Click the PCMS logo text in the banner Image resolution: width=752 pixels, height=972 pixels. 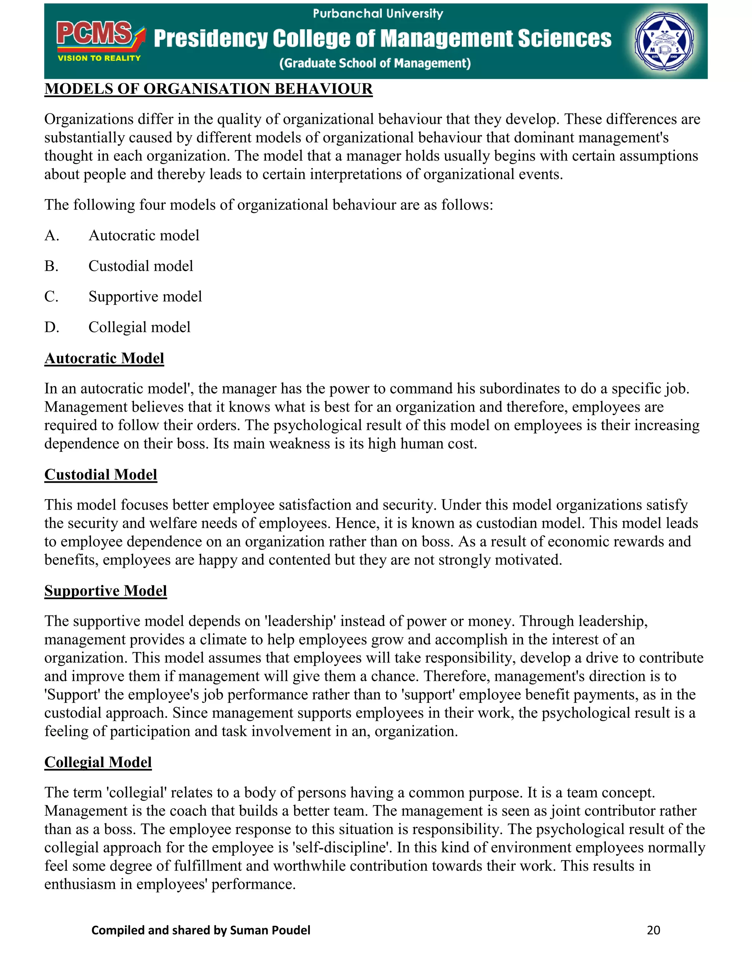coord(94,34)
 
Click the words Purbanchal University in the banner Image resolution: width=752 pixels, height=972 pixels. coord(378,14)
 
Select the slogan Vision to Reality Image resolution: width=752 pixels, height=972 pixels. coord(99,58)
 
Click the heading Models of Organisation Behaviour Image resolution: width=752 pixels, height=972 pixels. coord(208,89)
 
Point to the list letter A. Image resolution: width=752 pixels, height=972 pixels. coord(51,235)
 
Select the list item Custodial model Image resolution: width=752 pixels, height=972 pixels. coord(141,266)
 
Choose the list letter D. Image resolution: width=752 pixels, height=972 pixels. coord(51,328)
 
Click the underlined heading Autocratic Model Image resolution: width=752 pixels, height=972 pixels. coord(104,358)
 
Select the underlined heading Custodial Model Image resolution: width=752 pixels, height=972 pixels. coord(101,474)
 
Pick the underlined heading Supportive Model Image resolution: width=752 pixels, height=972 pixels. coord(106,591)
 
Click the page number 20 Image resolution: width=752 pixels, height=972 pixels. coord(653,930)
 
